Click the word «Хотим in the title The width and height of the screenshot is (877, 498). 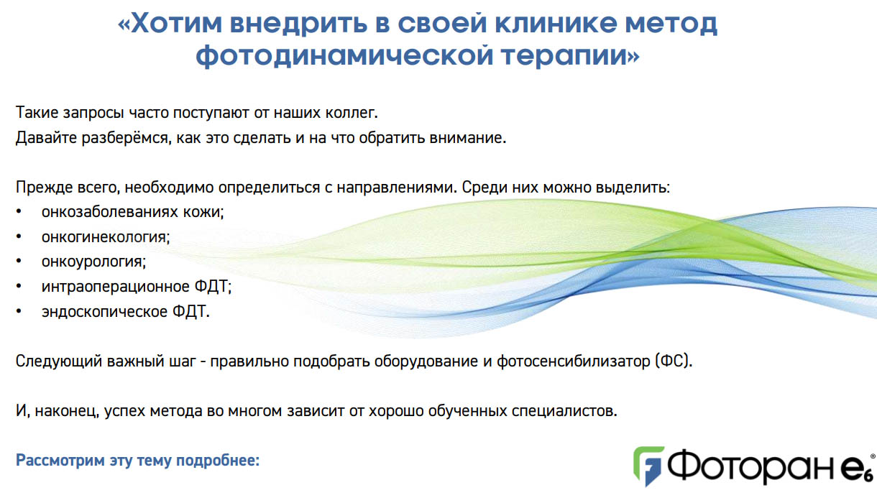170,23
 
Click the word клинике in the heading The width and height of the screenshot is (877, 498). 556,23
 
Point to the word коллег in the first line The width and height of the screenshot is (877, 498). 352,113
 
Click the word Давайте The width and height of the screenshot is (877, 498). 46,138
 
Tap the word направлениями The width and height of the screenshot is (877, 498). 397,188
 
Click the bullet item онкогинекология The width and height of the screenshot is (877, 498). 106,237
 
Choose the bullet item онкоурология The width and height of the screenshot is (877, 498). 93,262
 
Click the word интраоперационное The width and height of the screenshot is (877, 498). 116,287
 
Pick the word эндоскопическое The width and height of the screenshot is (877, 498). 104,312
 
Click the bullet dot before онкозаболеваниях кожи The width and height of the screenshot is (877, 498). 19,212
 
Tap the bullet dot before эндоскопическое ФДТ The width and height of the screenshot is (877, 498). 19,312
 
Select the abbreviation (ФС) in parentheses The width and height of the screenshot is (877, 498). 673,361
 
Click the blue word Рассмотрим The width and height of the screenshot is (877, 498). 60,461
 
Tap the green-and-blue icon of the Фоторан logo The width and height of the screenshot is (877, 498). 648,466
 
